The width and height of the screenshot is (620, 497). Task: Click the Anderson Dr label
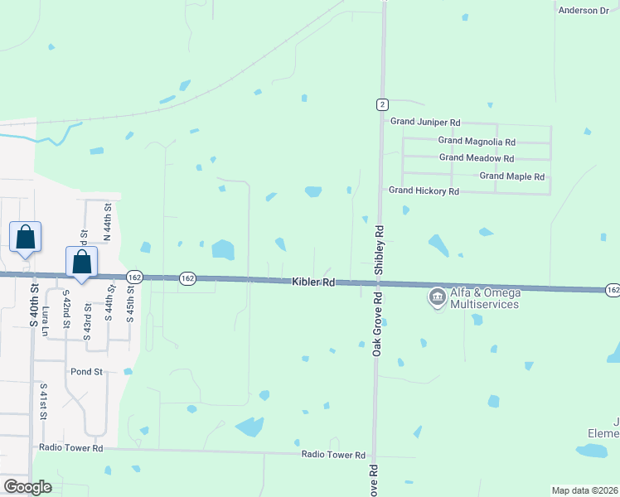coord(584,10)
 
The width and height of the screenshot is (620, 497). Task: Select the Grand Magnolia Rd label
coord(477,142)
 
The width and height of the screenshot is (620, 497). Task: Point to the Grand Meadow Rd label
coord(477,157)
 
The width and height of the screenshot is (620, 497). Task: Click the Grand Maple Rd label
coord(511,176)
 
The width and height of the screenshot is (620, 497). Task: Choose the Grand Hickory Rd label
coord(424,191)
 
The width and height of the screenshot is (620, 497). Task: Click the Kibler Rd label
coord(313,282)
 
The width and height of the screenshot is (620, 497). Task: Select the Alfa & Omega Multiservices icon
coord(436,297)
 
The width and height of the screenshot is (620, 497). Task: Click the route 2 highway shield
coord(381,104)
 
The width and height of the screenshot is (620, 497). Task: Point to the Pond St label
coord(86,372)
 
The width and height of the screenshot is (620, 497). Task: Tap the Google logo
coord(28,487)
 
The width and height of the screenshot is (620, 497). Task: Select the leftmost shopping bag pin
coord(26,238)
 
